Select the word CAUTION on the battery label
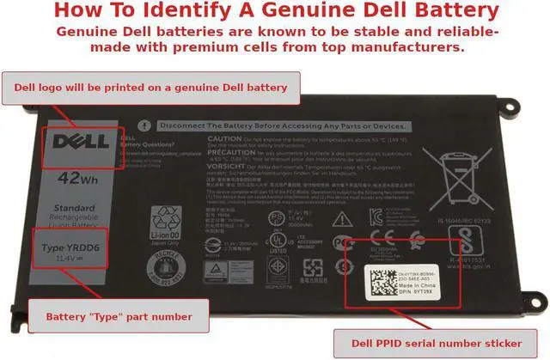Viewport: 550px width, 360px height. tap(223, 138)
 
